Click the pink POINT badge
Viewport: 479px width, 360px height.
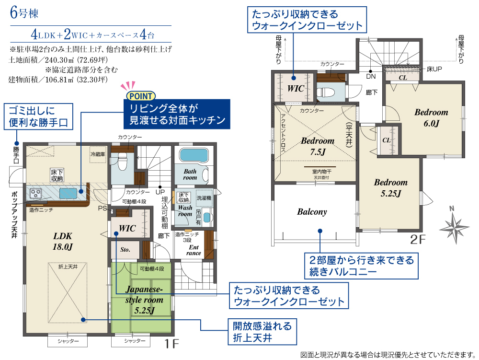(x=141, y=96)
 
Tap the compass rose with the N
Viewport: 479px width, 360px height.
(x=454, y=225)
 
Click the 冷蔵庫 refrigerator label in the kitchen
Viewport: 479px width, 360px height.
(x=97, y=154)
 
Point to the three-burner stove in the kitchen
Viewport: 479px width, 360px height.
(x=35, y=194)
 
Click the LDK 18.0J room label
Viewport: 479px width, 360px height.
(x=63, y=241)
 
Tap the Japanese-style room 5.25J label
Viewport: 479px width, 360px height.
(x=144, y=300)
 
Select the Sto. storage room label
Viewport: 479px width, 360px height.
(x=125, y=250)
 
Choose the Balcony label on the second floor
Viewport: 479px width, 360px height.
(x=312, y=212)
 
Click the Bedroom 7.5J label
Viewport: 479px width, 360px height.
(x=318, y=146)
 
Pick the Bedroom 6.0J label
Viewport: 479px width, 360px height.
(x=431, y=117)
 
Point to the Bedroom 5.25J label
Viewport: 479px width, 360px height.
(x=391, y=187)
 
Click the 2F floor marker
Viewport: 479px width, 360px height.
(x=418, y=240)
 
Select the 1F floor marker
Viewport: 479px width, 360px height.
(x=172, y=344)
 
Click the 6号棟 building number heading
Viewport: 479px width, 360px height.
(x=24, y=13)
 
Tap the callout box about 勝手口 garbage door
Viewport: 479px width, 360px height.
(x=38, y=116)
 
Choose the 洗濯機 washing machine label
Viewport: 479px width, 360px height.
(x=204, y=198)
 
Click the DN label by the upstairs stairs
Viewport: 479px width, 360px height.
(x=371, y=76)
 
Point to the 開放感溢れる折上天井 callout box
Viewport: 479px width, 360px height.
(x=262, y=332)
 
